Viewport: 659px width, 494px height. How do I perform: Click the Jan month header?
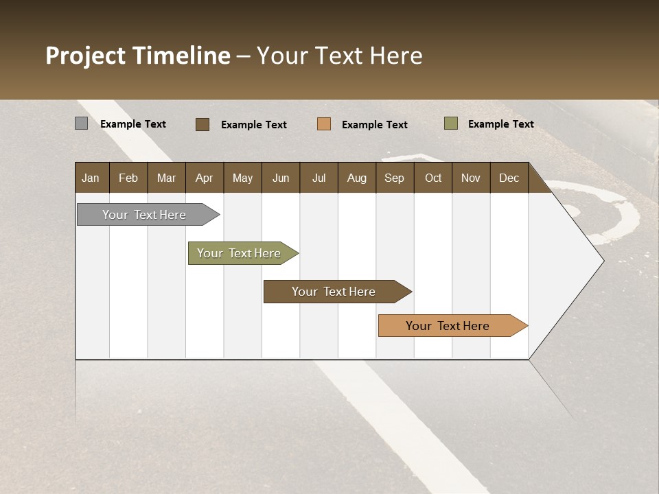pyautogui.click(x=91, y=178)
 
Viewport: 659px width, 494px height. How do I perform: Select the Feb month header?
pyautogui.click(x=128, y=178)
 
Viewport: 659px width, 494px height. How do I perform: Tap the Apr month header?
pyautogui.click(x=204, y=178)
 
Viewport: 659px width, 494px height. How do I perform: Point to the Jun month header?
pyautogui.click(x=281, y=178)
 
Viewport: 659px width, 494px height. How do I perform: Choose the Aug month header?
pyautogui.click(x=356, y=178)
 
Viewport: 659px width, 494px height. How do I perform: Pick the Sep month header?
pyautogui.click(x=394, y=178)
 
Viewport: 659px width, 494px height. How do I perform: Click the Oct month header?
pyautogui.click(x=433, y=178)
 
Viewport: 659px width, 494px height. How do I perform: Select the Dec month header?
pyautogui.click(x=509, y=178)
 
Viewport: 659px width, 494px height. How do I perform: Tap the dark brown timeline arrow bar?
pyautogui.click(x=334, y=292)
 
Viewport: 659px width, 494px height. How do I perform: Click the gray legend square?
pyautogui.click(x=81, y=123)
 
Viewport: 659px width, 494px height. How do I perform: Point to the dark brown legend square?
pyautogui.click(x=203, y=124)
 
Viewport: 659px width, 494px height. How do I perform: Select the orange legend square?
pyautogui.click(x=324, y=124)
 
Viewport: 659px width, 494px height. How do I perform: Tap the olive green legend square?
pyautogui.click(x=451, y=123)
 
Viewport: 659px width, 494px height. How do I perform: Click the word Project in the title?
pyautogui.click(x=86, y=56)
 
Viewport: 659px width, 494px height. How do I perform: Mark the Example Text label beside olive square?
pyautogui.click(x=500, y=124)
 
